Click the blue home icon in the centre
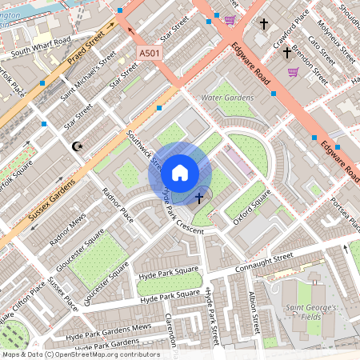pos(180,173)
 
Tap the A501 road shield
pos(150,53)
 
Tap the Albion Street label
pos(254,311)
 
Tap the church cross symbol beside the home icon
pos(198,196)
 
